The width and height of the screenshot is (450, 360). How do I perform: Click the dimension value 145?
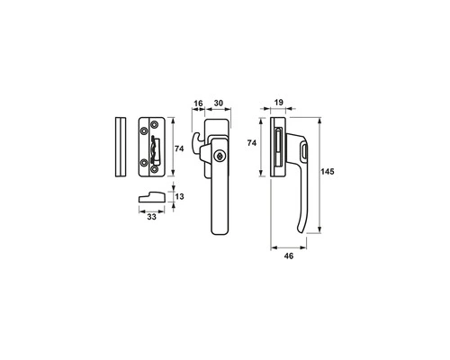coord(328,172)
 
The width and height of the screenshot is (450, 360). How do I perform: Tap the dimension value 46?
coord(289,256)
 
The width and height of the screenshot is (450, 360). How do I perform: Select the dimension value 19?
coord(279,103)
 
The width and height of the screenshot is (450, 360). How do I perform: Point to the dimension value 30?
coord(219,103)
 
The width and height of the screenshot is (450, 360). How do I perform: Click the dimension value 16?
coord(198,103)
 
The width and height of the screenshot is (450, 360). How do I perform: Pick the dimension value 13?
coord(179,196)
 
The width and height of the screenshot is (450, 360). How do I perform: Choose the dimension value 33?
coord(152,217)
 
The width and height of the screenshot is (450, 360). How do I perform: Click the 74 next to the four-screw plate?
coord(179,148)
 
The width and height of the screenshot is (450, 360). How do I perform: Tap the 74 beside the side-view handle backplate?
coord(252,143)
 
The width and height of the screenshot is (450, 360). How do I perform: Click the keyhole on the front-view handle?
coord(220,156)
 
